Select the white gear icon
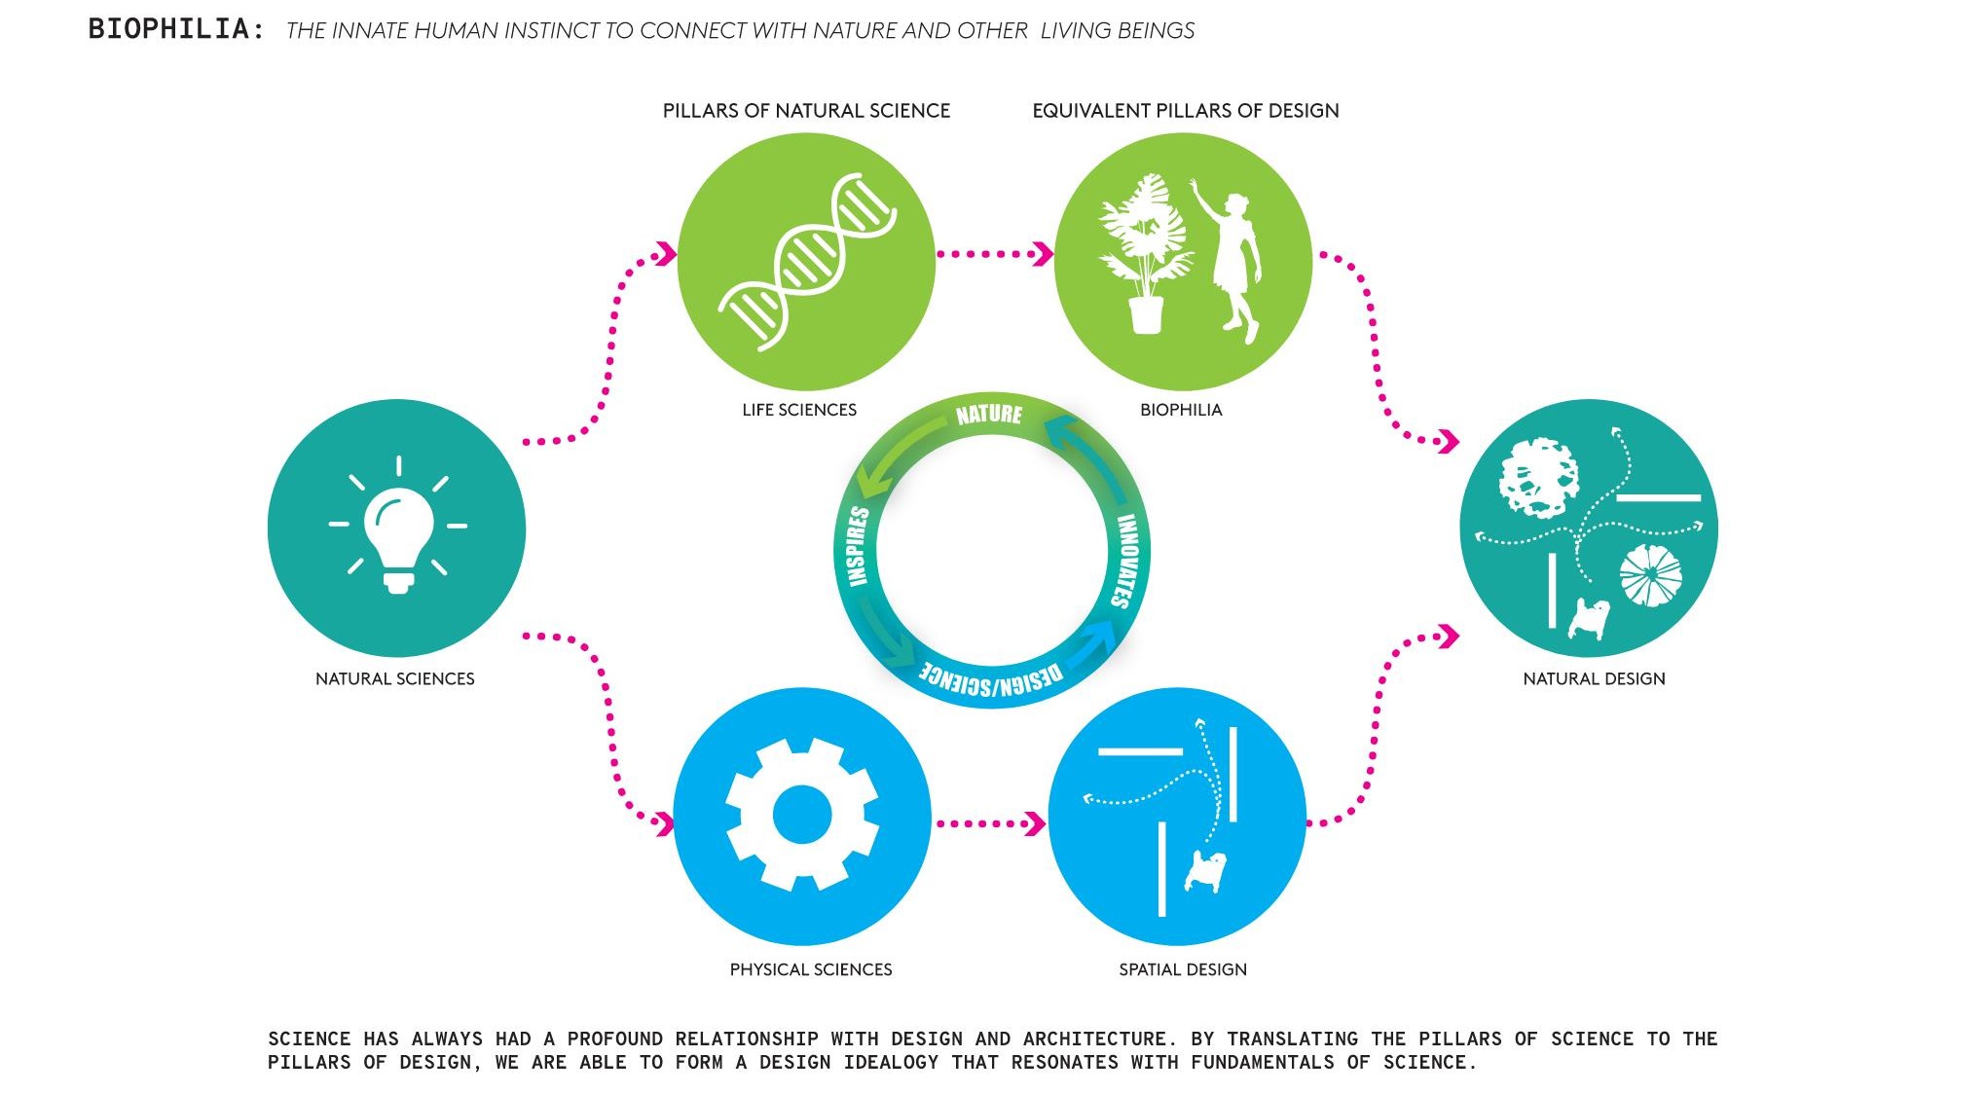point(802,815)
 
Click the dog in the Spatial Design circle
point(1205,870)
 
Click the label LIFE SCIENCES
point(799,410)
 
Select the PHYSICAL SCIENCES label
point(811,969)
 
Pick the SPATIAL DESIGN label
point(1183,969)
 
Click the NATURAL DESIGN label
point(1594,678)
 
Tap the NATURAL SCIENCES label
point(395,678)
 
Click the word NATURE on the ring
point(989,415)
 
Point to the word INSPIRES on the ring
point(857,546)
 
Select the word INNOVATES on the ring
point(1127,561)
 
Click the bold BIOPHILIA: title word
point(176,29)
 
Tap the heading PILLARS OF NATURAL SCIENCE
point(806,111)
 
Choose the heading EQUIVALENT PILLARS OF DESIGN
point(1185,111)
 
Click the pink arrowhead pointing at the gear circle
point(665,824)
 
